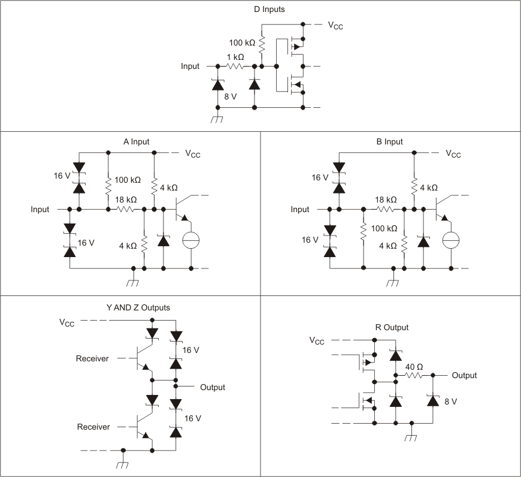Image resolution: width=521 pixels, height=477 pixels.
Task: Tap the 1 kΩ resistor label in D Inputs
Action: coord(235,57)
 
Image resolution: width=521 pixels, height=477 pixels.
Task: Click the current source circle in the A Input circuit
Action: coord(191,240)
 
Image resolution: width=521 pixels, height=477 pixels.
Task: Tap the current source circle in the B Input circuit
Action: coord(450,240)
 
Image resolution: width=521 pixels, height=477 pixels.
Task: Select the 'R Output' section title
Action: coord(391,327)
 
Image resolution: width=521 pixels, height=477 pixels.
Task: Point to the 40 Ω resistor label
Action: coord(414,367)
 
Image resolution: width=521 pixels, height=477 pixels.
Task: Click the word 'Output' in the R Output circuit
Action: coord(464,375)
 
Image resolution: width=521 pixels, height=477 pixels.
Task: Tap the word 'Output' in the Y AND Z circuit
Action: coord(213,387)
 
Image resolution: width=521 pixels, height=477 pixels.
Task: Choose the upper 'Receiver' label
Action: coord(92,358)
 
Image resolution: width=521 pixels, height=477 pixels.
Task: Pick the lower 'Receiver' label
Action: coord(93,427)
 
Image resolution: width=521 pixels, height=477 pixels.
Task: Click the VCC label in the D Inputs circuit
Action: coord(335,25)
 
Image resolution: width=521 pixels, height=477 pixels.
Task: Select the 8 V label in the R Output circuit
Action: coord(450,401)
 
